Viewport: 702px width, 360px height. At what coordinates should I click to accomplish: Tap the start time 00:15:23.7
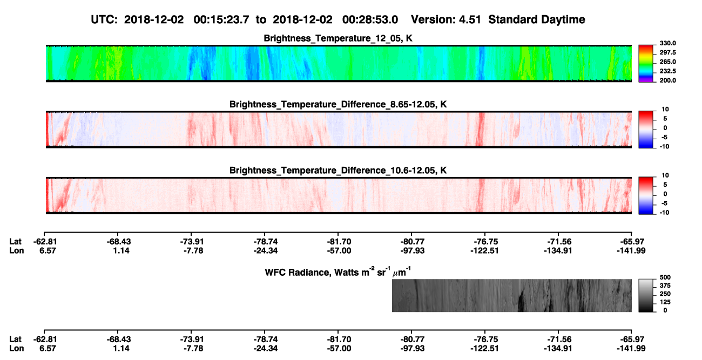tap(221, 19)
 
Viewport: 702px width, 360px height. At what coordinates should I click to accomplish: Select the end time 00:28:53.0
tap(370, 19)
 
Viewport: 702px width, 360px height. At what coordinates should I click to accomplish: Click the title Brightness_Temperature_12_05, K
tap(338, 38)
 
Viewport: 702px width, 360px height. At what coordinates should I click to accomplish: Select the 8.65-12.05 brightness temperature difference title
tap(338, 104)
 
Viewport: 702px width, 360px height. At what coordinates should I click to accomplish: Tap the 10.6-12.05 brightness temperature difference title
tap(338, 171)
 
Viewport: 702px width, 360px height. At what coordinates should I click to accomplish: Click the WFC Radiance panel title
tap(338, 272)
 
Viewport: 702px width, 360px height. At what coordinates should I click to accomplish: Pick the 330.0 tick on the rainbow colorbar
tap(667, 43)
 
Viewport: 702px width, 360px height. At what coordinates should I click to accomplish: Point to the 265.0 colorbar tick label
tap(667, 62)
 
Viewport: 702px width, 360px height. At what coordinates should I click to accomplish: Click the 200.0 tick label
tap(667, 80)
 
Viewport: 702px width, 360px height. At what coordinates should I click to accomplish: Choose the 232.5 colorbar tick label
tap(667, 71)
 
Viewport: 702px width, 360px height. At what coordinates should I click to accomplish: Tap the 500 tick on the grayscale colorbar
tap(665, 277)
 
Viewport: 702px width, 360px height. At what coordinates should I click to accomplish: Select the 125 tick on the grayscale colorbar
tap(665, 302)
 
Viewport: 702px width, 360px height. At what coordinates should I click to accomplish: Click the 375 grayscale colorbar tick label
tap(665, 286)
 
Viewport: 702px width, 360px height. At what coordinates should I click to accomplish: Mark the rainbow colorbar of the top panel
tap(646, 64)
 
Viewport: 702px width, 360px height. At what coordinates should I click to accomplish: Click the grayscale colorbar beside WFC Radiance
tap(646, 295)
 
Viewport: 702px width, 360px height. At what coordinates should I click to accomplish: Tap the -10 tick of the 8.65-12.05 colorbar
tap(665, 146)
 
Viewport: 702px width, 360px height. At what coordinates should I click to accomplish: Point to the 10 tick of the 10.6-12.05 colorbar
tap(665, 175)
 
